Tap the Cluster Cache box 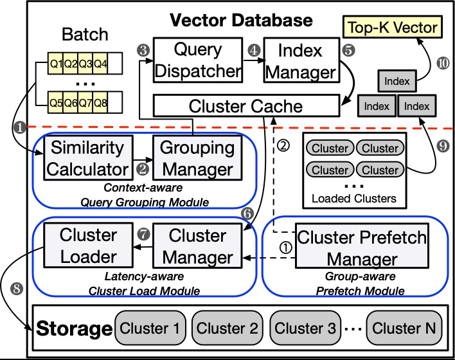tap(245, 105)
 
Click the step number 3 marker tap(143, 50)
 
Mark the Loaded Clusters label tap(354, 198)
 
